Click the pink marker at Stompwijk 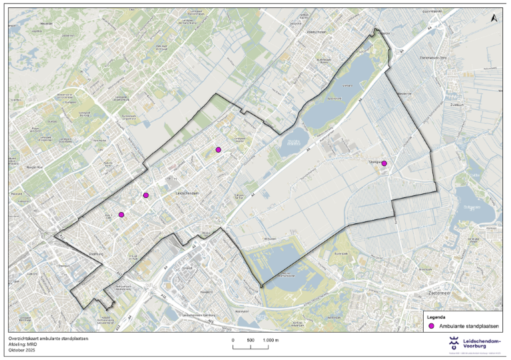point(384,163)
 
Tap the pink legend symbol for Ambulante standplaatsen point(431,326)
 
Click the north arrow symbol point(493,20)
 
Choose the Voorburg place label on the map point(97,254)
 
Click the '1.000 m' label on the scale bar point(271,340)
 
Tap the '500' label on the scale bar point(251,340)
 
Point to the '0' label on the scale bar point(233,340)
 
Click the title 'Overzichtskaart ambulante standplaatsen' point(48,339)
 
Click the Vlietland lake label point(345,86)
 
